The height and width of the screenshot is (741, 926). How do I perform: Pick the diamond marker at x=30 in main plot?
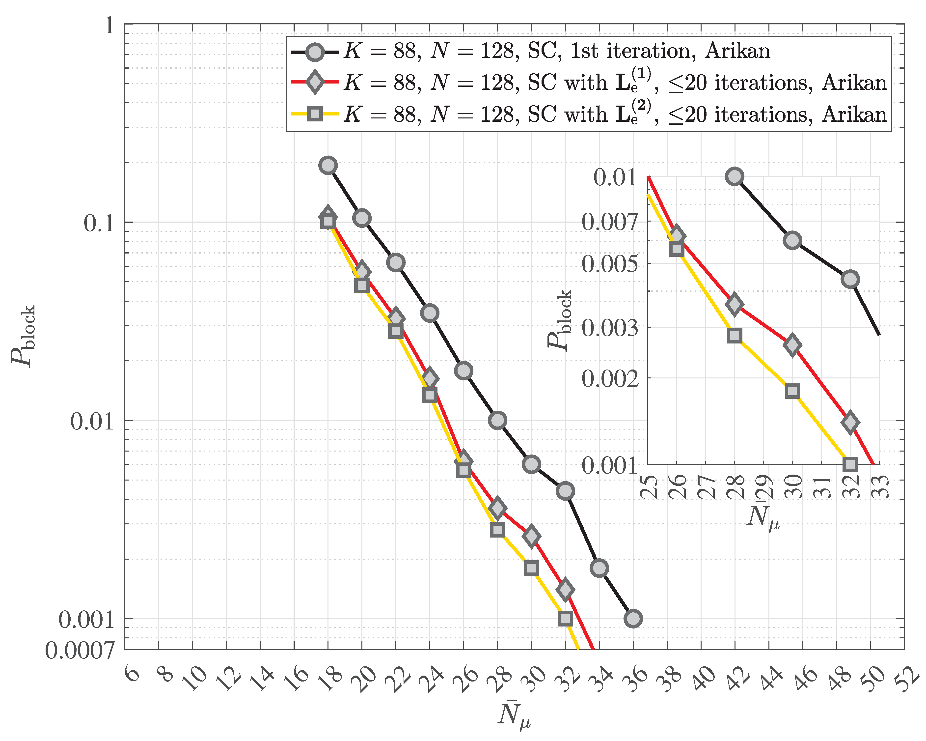pyautogui.click(x=531, y=536)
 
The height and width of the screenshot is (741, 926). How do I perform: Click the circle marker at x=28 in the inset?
pyautogui.click(x=735, y=176)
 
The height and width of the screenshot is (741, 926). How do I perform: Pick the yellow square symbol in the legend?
pyautogui.click(x=315, y=114)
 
